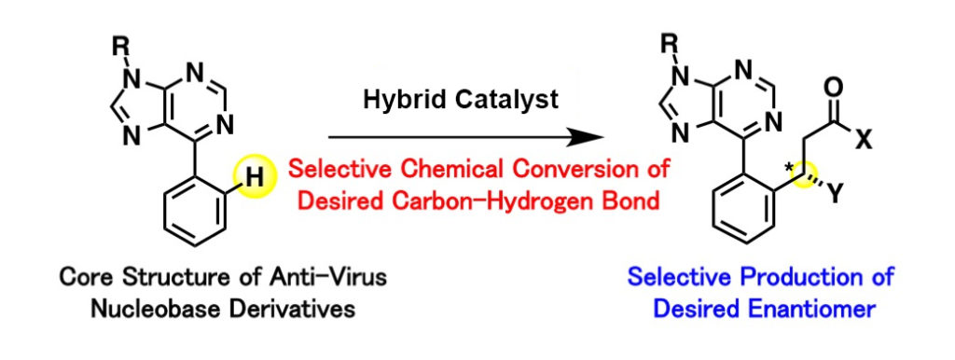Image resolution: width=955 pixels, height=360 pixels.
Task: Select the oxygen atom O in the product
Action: point(836,86)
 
